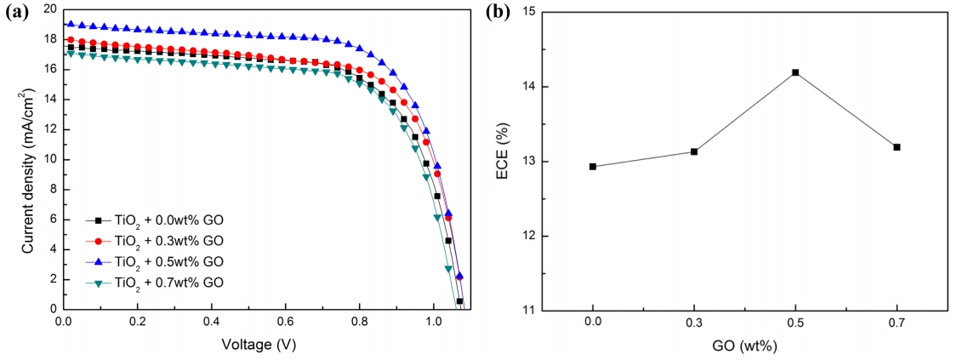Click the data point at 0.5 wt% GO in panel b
[795, 72]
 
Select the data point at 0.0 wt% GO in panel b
[592, 167]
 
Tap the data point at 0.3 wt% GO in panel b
[694, 151]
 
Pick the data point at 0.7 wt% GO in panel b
[897, 147]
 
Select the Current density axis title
[30, 162]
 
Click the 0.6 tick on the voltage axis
[286, 324]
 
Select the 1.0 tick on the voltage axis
[434, 324]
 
